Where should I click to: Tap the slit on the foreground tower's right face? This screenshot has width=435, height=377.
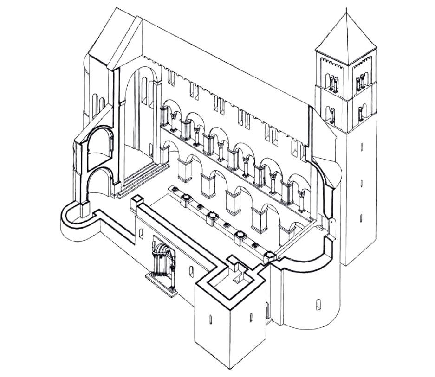[251, 317]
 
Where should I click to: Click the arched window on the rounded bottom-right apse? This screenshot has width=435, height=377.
[318, 304]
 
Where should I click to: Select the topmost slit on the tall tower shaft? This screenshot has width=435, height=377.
[361, 147]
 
